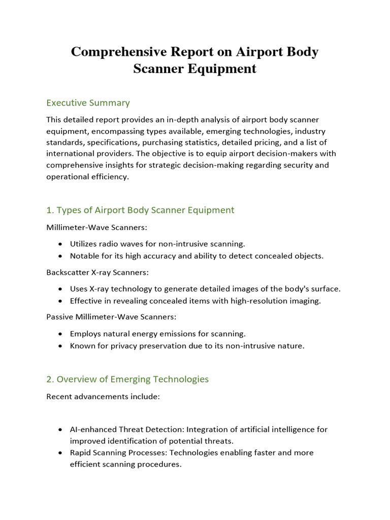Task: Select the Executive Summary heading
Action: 88,103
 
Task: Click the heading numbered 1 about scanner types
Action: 140,210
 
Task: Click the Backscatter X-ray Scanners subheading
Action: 97,272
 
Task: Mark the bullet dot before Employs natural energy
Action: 60,334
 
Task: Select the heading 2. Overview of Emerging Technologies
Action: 127,379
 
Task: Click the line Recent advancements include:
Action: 103,396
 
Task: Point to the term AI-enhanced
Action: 93,429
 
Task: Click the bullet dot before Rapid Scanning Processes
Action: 60,452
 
